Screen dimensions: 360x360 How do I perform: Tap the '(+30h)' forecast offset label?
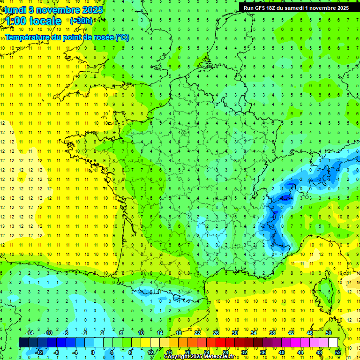pyautogui.click(x=82, y=21)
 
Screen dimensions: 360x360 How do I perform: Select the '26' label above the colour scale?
pyautogui.click(x=216, y=333)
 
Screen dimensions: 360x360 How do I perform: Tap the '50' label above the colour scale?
pyautogui.click(x=329, y=333)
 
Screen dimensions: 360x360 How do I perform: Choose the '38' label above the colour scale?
pyautogui.click(x=272, y=333)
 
